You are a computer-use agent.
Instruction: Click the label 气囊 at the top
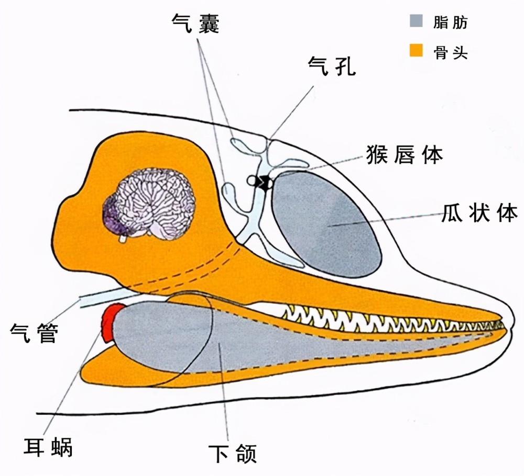click(x=195, y=23)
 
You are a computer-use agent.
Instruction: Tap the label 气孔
click(x=332, y=66)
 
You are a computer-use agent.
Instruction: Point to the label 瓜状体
click(x=479, y=212)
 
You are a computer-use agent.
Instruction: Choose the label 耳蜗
click(x=48, y=447)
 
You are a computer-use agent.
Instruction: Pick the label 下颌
click(x=233, y=453)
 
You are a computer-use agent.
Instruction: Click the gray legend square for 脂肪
click(x=416, y=21)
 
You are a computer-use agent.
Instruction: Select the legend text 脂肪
click(x=451, y=22)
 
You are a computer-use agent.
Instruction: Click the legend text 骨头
click(x=451, y=52)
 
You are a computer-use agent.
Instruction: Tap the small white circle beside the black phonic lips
click(x=252, y=181)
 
